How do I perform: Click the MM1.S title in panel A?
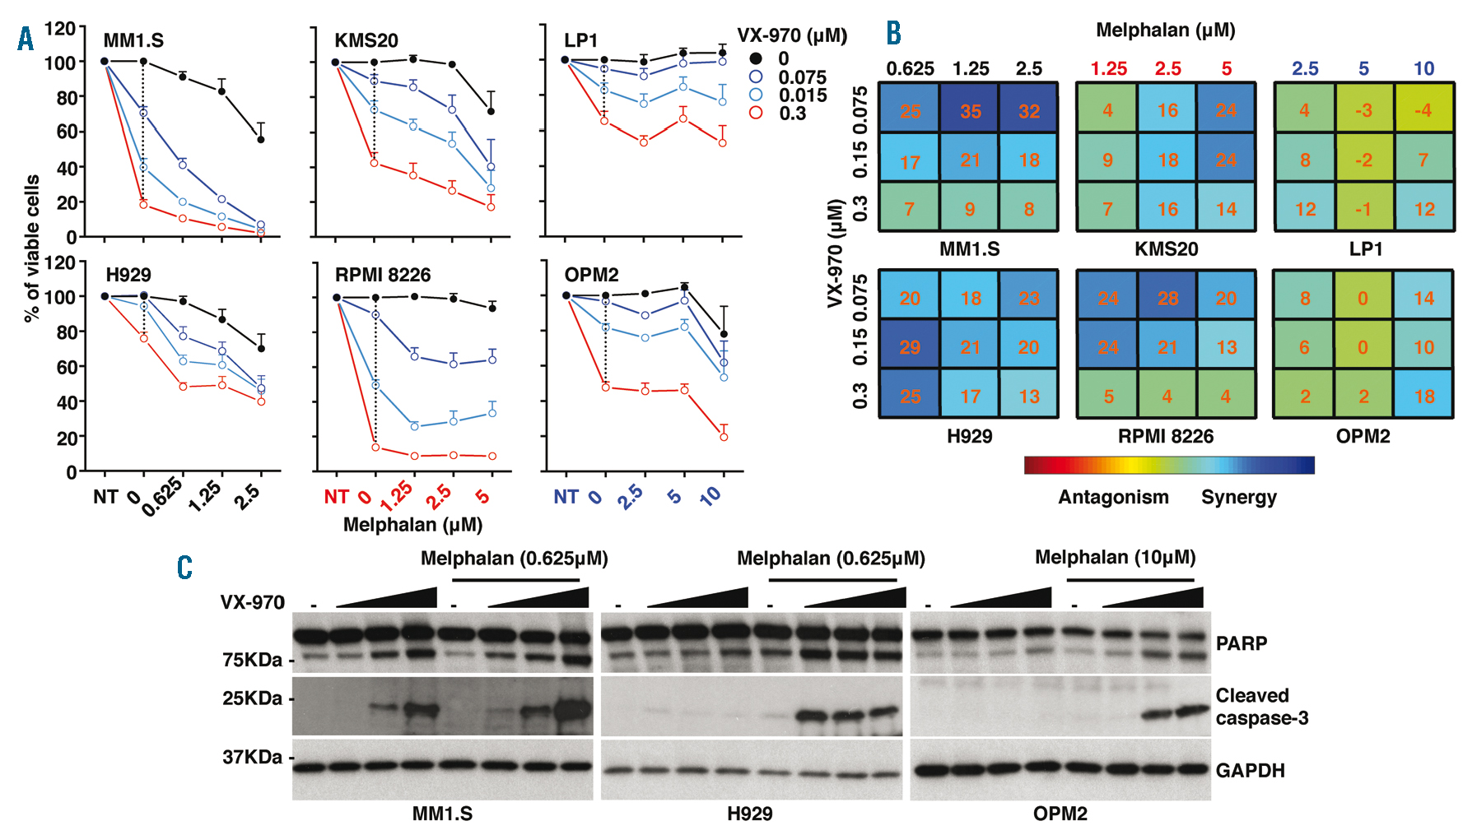[x=133, y=40]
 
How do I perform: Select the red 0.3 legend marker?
[x=756, y=113]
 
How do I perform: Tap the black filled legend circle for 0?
[x=756, y=58]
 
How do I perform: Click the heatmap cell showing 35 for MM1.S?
[x=970, y=111]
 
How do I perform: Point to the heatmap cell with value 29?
[x=909, y=347]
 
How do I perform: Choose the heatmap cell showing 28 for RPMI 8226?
[x=1167, y=298]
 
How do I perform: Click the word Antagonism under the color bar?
[x=1113, y=497]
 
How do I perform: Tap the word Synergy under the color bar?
[x=1238, y=497]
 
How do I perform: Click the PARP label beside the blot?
[x=1242, y=643]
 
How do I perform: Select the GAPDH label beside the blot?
[x=1250, y=771]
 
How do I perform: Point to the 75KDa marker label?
[x=252, y=660]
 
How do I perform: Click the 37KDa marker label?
[x=252, y=757]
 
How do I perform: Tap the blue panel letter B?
[x=893, y=33]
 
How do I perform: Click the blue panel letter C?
[x=184, y=568]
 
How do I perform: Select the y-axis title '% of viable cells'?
[x=32, y=248]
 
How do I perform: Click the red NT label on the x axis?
[x=336, y=497]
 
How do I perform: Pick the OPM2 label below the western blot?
[x=1060, y=814]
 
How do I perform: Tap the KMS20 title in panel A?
[x=366, y=40]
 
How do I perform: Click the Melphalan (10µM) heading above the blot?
[x=1115, y=558]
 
